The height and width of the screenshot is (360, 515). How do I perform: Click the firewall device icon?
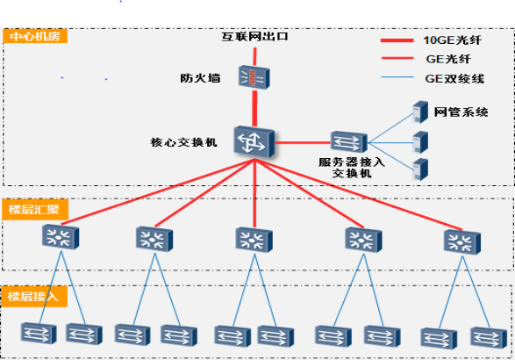point(254,77)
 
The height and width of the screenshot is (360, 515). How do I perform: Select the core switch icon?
point(254,141)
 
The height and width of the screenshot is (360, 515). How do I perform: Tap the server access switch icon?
point(348,141)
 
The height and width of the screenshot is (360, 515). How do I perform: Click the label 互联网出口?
point(255,36)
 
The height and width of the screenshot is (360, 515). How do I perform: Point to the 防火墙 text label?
point(200,78)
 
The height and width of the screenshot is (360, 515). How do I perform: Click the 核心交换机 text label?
point(183,142)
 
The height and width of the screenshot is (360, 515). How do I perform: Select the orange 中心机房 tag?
point(35,36)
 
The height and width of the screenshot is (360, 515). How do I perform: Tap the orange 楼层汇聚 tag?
point(35,210)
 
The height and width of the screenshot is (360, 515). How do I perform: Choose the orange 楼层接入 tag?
point(34,297)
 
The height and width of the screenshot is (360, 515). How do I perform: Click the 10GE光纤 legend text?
point(452,40)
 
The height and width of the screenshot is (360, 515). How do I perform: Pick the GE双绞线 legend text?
point(454,78)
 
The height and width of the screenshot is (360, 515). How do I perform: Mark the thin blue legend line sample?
point(397,77)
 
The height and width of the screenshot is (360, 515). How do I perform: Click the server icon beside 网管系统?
point(420,112)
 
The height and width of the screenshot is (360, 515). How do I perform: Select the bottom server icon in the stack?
point(420,169)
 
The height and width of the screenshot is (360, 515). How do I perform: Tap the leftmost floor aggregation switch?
point(61,236)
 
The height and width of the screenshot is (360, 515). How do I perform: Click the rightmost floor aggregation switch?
point(462,242)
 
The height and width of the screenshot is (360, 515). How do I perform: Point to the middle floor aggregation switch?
point(254,240)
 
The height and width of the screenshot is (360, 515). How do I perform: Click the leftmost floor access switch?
point(39,334)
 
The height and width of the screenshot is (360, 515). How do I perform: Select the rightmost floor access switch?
point(489,338)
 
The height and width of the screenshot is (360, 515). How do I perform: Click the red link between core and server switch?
point(303,143)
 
